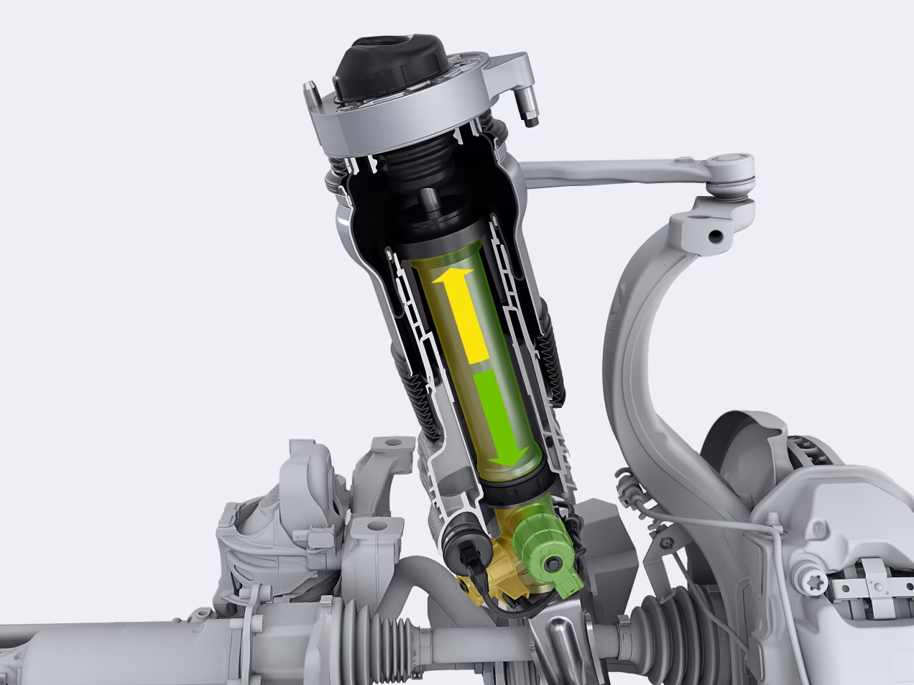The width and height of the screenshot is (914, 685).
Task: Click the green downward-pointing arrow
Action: pyautogui.click(x=503, y=416)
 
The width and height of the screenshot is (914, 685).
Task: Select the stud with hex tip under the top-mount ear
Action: pyautogui.click(x=530, y=115)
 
